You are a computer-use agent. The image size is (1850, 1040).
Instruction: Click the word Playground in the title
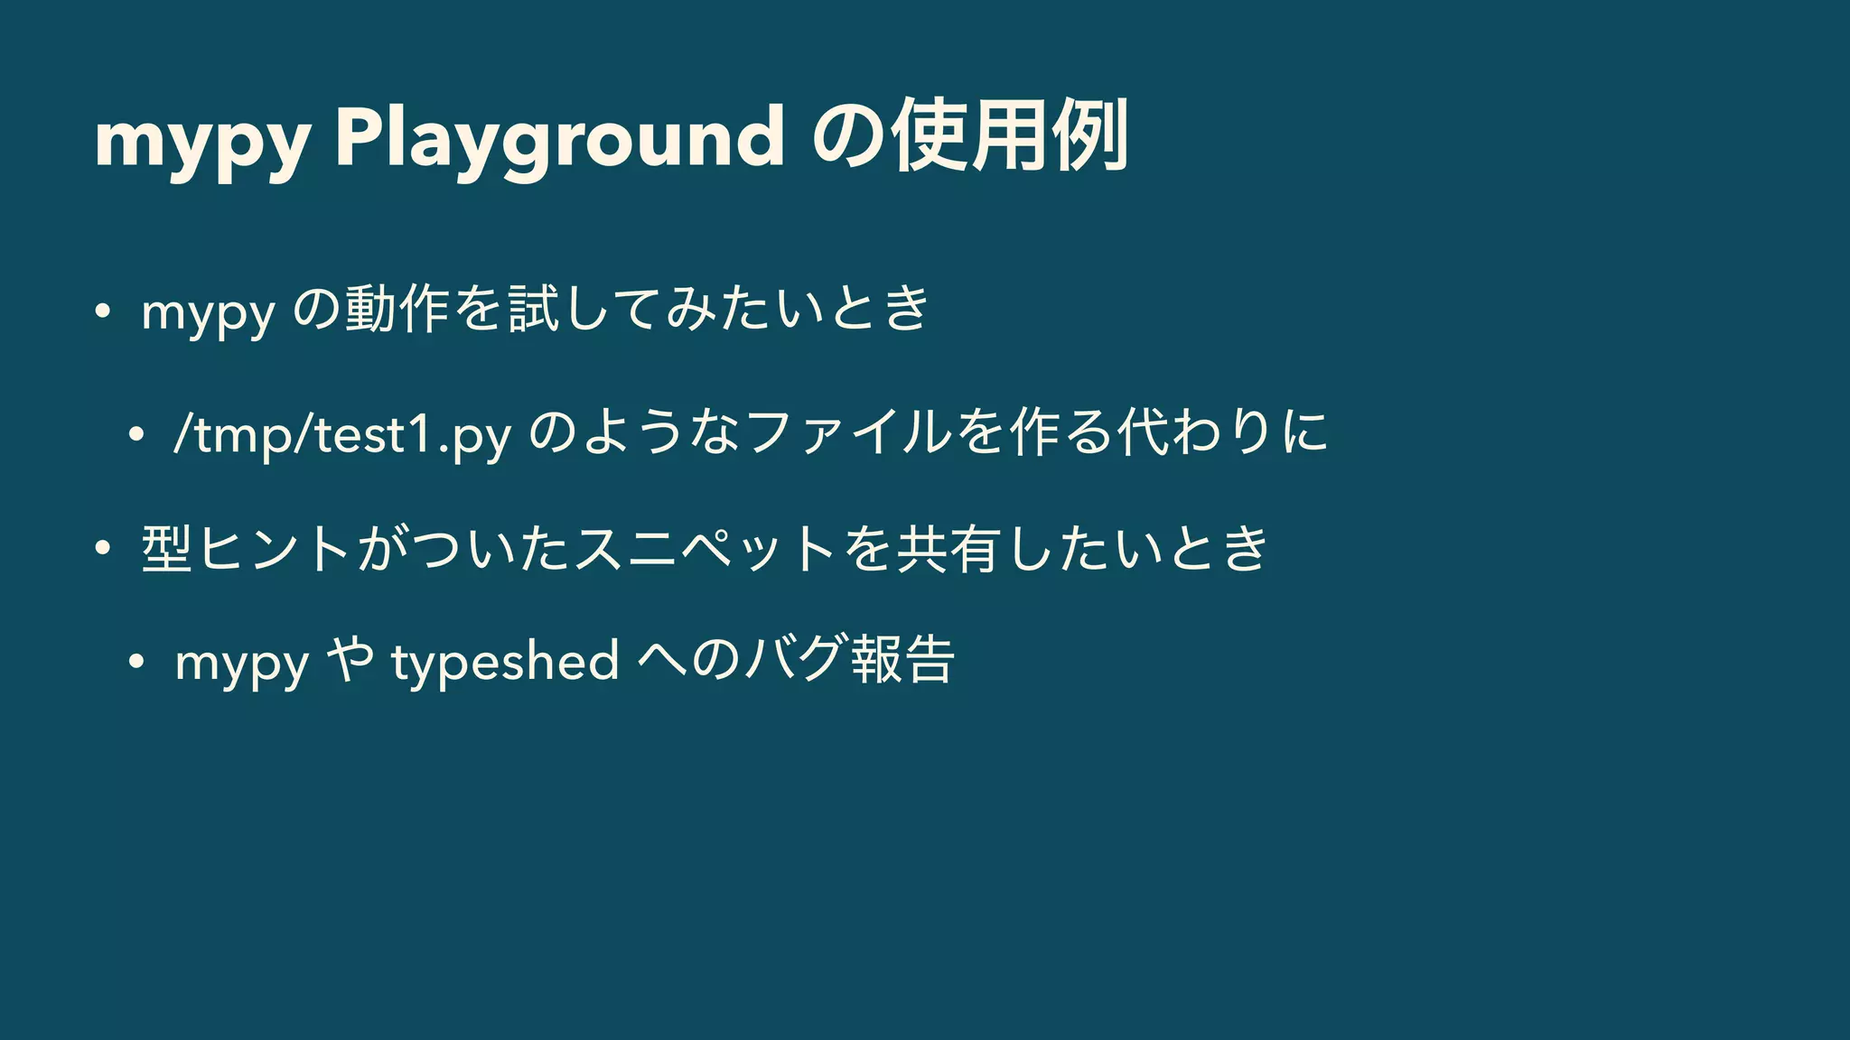click(x=559, y=137)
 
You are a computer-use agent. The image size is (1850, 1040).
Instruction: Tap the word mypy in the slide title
click(x=202, y=140)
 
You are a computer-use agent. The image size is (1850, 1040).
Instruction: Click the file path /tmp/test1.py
click(x=343, y=435)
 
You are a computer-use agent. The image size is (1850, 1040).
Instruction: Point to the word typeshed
click(x=504, y=662)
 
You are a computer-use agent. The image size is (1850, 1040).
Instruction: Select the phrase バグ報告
click(x=849, y=660)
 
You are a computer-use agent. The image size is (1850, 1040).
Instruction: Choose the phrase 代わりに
click(x=1222, y=433)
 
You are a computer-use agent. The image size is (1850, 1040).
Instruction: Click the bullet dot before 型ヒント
click(x=103, y=548)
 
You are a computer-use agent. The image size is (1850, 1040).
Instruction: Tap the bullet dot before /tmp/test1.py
click(x=136, y=435)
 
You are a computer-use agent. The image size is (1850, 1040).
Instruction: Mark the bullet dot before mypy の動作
click(x=103, y=311)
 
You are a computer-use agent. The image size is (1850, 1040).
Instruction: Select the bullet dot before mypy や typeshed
click(x=136, y=662)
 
